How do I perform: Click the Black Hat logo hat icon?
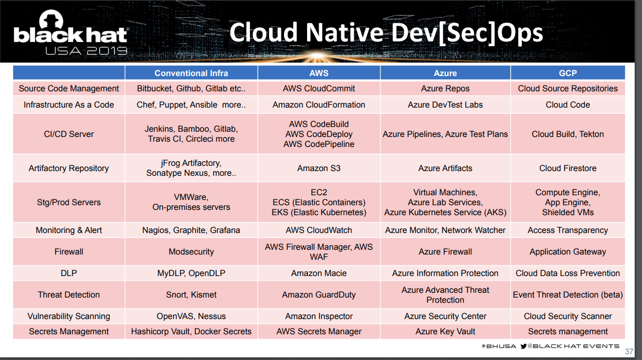click(x=51, y=19)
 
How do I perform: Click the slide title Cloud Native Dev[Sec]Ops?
click(x=386, y=33)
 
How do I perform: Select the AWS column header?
click(x=319, y=73)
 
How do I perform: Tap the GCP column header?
click(x=568, y=73)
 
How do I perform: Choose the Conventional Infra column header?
click(x=191, y=73)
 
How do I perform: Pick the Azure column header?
click(x=445, y=73)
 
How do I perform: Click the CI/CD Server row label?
click(x=69, y=134)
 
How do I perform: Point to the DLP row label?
click(x=69, y=273)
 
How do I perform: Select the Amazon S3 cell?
click(x=319, y=168)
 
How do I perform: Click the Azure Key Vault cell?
click(x=445, y=332)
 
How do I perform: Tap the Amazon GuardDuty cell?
click(x=319, y=295)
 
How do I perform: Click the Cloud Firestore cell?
click(x=568, y=168)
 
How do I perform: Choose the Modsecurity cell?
click(x=191, y=252)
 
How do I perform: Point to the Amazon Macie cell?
click(x=319, y=273)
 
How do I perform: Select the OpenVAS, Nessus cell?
click(x=191, y=316)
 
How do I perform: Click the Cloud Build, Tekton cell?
click(x=568, y=134)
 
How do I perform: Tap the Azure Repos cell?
click(x=445, y=89)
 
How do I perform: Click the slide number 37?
click(x=629, y=352)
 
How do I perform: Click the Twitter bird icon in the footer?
click(x=523, y=346)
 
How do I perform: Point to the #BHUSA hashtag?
click(x=499, y=346)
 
